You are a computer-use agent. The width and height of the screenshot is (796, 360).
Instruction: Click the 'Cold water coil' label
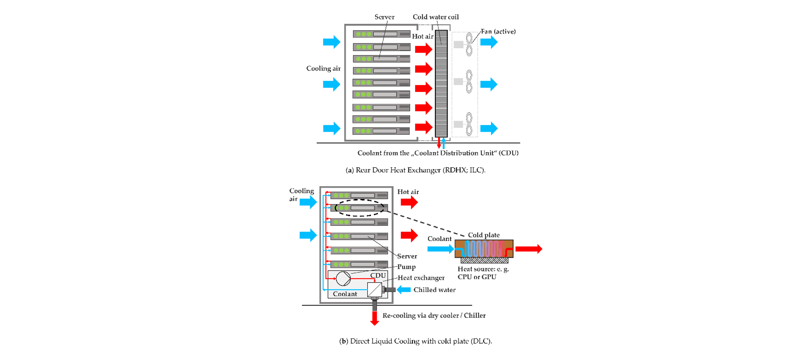pyautogui.click(x=435, y=17)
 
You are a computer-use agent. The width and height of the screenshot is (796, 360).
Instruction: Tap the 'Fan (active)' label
pyautogui.click(x=498, y=32)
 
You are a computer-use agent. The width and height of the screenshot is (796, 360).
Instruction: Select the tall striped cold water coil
pyautogui.click(x=441, y=83)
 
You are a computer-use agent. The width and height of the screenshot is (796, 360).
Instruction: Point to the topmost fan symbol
pyautogui.click(x=469, y=44)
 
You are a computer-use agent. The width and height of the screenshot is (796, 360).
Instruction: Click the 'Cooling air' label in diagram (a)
pyautogui.click(x=323, y=69)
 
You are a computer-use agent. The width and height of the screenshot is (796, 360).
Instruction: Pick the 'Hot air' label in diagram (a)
pyautogui.click(x=422, y=37)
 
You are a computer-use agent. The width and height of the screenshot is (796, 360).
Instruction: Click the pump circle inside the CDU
pyautogui.click(x=343, y=278)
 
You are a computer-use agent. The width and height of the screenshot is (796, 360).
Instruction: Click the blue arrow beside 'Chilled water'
pyautogui.click(x=404, y=290)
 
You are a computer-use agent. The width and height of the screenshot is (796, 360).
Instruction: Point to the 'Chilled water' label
pyautogui.click(x=434, y=290)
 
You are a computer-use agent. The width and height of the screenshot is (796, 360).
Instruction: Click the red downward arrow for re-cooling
pyautogui.click(x=375, y=318)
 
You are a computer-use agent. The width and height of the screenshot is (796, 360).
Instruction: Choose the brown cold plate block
pyautogui.click(x=484, y=249)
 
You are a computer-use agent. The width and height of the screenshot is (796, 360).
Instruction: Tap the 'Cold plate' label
pyautogui.click(x=484, y=235)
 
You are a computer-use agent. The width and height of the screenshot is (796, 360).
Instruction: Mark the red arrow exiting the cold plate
pyautogui.click(x=528, y=249)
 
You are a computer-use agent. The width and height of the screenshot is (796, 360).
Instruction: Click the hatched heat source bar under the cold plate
pyautogui.click(x=484, y=261)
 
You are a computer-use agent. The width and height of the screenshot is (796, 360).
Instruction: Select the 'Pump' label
pyautogui.click(x=406, y=267)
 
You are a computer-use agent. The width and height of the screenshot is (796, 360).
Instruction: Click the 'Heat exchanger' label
pyautogui.click(x=421, y=278)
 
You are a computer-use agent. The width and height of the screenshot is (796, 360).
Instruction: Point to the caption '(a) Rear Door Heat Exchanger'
pyautogui.click(x=415, y=170)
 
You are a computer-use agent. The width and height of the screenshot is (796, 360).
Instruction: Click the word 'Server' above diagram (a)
pyautogui.click(x=384, y=17)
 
